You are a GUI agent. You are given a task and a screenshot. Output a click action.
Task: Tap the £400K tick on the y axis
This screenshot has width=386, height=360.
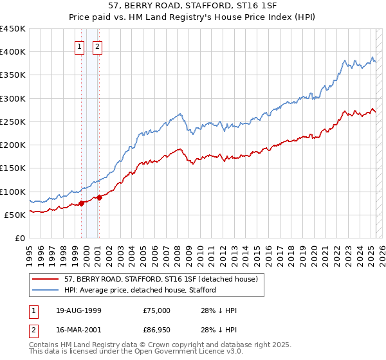(13, 52)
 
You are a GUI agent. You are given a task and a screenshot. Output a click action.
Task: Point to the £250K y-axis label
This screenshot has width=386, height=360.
(13, 122)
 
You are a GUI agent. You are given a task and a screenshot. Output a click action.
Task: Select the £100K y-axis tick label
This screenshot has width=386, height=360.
(13, 192)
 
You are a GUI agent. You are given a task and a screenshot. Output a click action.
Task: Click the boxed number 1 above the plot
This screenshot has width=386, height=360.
(79, 46)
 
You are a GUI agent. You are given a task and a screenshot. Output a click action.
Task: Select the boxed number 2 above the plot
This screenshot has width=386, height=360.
(97, 46)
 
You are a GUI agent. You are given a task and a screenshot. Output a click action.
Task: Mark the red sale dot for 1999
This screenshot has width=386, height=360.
(82, 203)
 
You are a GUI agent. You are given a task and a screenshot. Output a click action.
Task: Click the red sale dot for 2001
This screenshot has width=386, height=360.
(100, 197)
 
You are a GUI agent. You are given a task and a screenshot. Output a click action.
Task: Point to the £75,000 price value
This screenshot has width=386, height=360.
(157, 310)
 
